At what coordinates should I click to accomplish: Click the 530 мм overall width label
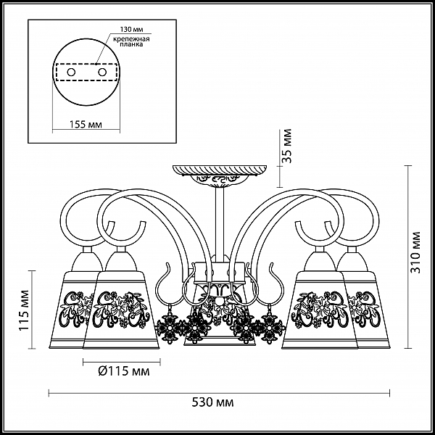pyautogui.click(x=212, y=402)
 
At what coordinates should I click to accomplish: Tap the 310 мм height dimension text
pyautogui.click(x=415, y=252)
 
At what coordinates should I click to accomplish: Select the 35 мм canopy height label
pyautogui.click(x=287, y=146)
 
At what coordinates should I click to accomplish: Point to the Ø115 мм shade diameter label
pyautogui.click(x=124, y=371)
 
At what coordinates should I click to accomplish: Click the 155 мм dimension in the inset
pyautogui.click(x=86, y=125)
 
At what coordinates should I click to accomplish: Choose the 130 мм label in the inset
pyautogui.click(x=131, y=30)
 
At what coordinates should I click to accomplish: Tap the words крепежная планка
pyautogui.click(x=131, y=41)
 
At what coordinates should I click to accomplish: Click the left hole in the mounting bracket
pyautogui.click(x=71, y=72)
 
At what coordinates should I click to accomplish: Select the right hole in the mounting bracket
pyautogui.click(x=102, y=72)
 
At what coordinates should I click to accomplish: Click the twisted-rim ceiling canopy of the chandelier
pyautogui.click(x=220, y=170)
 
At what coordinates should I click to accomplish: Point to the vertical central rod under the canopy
pyautogui.click(x=220, y=225)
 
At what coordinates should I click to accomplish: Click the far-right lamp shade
pyautogui.click(x=365, y=310)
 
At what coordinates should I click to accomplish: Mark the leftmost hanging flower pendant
pyautogui.click(x=166, y=327)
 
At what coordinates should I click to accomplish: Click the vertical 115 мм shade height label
pyautogui.click(x=24, y=310)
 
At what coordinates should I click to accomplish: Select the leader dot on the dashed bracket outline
pyautogui.click(x=96, y=64)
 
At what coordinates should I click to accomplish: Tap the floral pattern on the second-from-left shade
pyautogui.click(x=122, y=309)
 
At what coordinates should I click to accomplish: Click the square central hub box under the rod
pyautogui.click(x=220, y=273)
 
